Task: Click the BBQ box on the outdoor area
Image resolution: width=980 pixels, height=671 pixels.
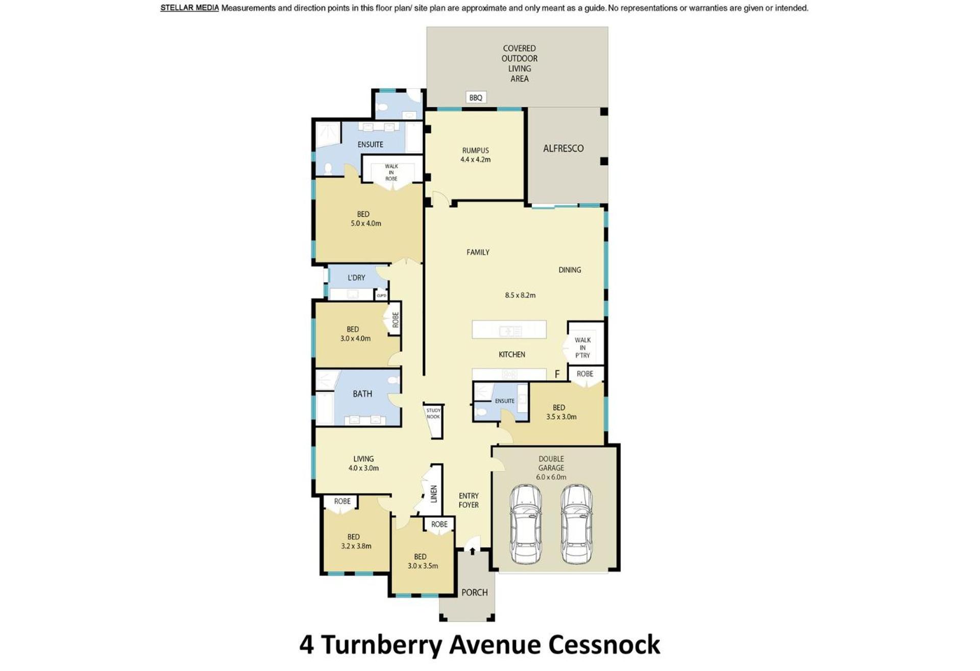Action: pyautogui.click(x=475, y=97)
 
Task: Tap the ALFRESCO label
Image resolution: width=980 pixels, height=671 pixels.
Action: pyautogui.click(x=563, y=148)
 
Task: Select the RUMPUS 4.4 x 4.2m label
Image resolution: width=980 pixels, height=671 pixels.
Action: pyautogui.click(x=475, y=155)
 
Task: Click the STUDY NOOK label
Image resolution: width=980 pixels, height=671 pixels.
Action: pyautogui.click(x=433, y=413)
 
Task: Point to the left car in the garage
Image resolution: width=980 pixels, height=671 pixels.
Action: pyautogui.click(x=526, y=525)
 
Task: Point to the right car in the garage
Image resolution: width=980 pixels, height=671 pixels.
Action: pyautogui.click(x=577, y=525)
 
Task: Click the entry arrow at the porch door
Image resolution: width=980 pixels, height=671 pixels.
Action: pyautogui.click(x=473, y=551)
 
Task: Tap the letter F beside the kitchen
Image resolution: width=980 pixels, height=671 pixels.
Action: pyautogui.click(x=557, y=375)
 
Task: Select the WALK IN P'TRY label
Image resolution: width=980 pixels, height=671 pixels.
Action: pyautogui.click(x=582, y=347)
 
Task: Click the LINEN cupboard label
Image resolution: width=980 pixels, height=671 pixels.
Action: pyautogui.click(x=434, y=493)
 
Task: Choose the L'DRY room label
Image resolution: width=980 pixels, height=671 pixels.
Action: pyautogui.click(x=356, y=278)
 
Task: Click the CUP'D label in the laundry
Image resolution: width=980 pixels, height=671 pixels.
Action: pyautogui.click(x=381, y=295)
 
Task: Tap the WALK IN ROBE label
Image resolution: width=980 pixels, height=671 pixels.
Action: pyautogui.click(x=391, y=172)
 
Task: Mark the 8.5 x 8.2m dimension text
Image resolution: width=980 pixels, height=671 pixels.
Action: pyautogui.click(x=520, y=295)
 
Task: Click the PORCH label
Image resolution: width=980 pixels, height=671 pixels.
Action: pyautogui.click(x=475, y=592)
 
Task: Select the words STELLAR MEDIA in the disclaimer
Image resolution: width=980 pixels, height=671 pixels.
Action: pyautogui.click(x=189, y=8)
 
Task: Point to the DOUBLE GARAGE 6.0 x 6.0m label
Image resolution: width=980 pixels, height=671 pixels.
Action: pyautogui.click(x=551, y=468)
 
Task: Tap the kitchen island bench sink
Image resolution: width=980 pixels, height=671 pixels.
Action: pyautogui.click(x=510, y=331)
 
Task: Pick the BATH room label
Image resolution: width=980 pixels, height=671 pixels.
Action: pyautogui.click(x=362, y=394)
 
